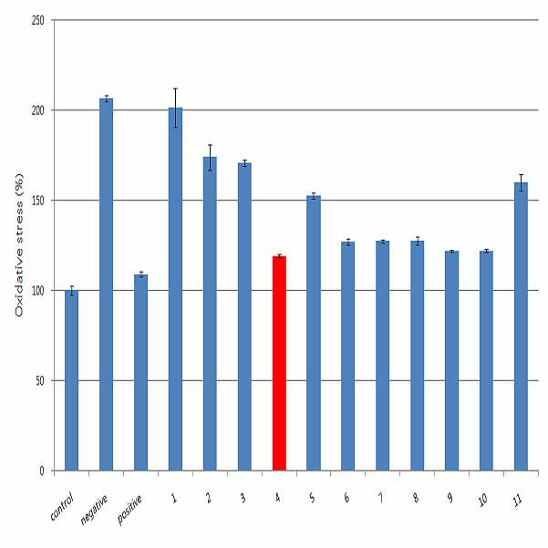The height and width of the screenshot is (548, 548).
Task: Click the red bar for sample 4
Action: [279, 363]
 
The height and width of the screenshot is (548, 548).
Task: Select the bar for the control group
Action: [71, 380]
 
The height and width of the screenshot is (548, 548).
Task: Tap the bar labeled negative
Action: [107, 284]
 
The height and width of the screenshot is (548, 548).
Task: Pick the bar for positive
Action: [140, 373]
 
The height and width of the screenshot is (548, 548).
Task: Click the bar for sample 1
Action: [175, 289]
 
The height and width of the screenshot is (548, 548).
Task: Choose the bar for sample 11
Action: [521, 326]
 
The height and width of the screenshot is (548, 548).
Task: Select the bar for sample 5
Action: [314, 333]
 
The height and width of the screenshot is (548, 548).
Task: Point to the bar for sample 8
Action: [418, 356]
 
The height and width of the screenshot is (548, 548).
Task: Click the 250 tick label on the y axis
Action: [38, 20]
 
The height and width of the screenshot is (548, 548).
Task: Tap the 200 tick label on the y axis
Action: [38, 110]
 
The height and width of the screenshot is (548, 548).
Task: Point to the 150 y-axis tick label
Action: [38, 201]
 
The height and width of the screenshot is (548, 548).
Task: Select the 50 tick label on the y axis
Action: [40, 380]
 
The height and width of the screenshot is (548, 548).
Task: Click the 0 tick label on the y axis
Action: [42, 470]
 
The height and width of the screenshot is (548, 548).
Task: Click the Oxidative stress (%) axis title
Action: [19, 245]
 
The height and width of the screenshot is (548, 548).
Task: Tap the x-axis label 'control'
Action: [62, 505]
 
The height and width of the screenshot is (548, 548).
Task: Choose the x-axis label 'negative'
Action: [94, 510]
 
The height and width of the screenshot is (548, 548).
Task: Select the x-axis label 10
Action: [482, 501]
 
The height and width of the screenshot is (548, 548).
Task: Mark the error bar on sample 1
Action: [175, 108]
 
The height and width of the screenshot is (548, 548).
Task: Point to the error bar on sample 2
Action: [210, 158]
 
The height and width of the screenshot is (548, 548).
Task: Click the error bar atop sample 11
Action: [521, 182]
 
